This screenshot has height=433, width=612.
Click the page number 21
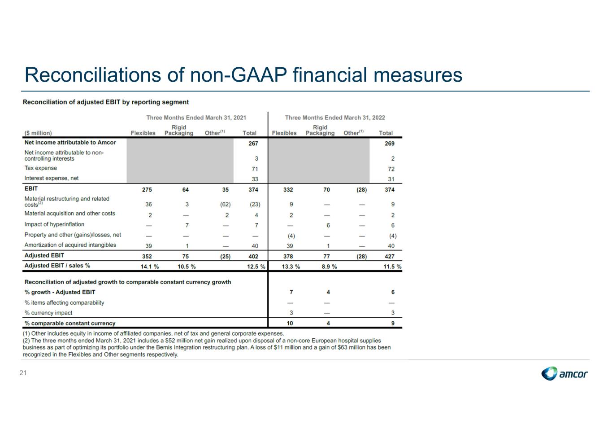point(23,373)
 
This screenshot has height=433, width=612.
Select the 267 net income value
point(253,144)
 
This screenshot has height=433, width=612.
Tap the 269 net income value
point(390,144)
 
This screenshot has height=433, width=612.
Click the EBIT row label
point(31,188)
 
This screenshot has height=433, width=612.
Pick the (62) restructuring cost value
point(226,205)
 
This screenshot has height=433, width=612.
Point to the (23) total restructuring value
point(255,205)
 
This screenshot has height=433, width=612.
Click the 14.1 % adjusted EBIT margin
point(150,267)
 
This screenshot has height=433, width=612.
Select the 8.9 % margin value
point(329,267)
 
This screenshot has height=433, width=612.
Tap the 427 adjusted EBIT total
point(390,256)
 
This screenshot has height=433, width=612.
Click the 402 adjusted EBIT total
point(253,256)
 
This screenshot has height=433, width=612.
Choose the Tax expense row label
point(41,168)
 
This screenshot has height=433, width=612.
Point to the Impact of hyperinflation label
point(54,224)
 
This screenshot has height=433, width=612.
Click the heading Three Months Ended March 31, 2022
point(335,118)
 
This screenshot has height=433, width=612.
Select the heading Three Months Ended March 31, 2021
point(196,118)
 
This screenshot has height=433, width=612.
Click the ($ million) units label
point(38,133)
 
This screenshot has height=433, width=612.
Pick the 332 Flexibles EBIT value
point(288,190)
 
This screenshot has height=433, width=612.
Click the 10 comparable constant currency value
point(290,324)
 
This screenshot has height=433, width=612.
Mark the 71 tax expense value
point(255,169)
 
